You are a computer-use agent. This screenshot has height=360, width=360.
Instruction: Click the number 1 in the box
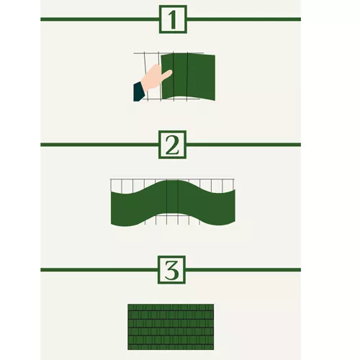pos(172,19)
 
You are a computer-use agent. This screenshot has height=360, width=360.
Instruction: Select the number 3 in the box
pos(172,270)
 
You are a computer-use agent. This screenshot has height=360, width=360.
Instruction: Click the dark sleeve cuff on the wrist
pos(139,91)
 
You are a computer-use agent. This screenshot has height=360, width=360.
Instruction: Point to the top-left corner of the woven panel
pos(129,305)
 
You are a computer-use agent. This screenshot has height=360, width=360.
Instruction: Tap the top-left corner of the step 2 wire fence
pos(110,179)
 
